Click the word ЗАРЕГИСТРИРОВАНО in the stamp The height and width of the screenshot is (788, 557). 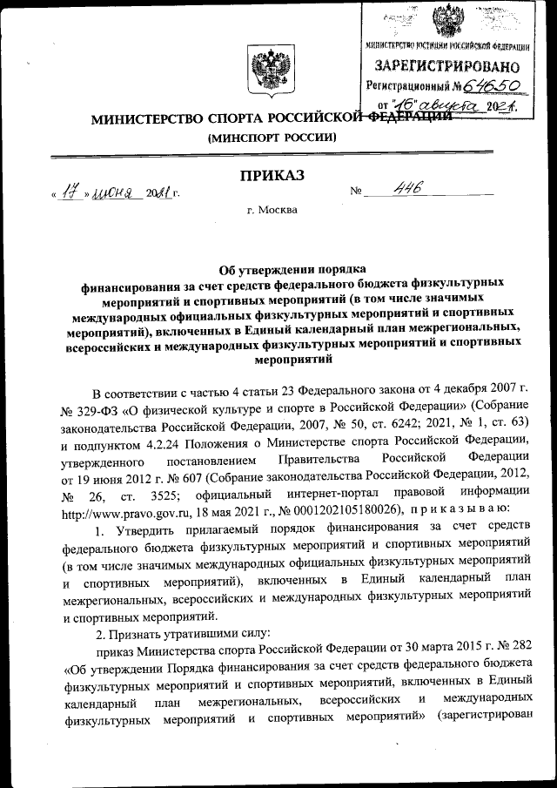click(x=447, y=66)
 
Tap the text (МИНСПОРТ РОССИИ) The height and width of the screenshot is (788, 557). click(x=271, y=138)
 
